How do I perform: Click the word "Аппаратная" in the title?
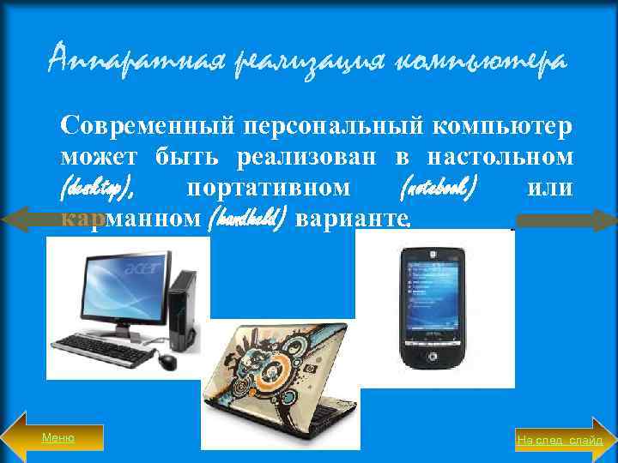point(109,62)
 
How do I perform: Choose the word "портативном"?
point(268,187)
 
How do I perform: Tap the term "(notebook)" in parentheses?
point(438,187)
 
